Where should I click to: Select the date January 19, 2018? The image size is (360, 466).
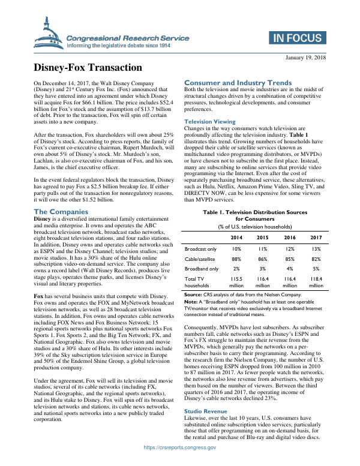pyautogui.click(x=304, y=57)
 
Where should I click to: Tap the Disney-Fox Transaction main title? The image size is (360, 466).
pyautogui.click(x=88, y=68)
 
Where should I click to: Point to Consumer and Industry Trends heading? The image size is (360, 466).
pyautogui.click(x=238, y=82)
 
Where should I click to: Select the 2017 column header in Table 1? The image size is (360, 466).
pyautogui.click(x=316, y=236)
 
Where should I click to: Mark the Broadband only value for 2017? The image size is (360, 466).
pyautogui.click(x=316, y=269)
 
